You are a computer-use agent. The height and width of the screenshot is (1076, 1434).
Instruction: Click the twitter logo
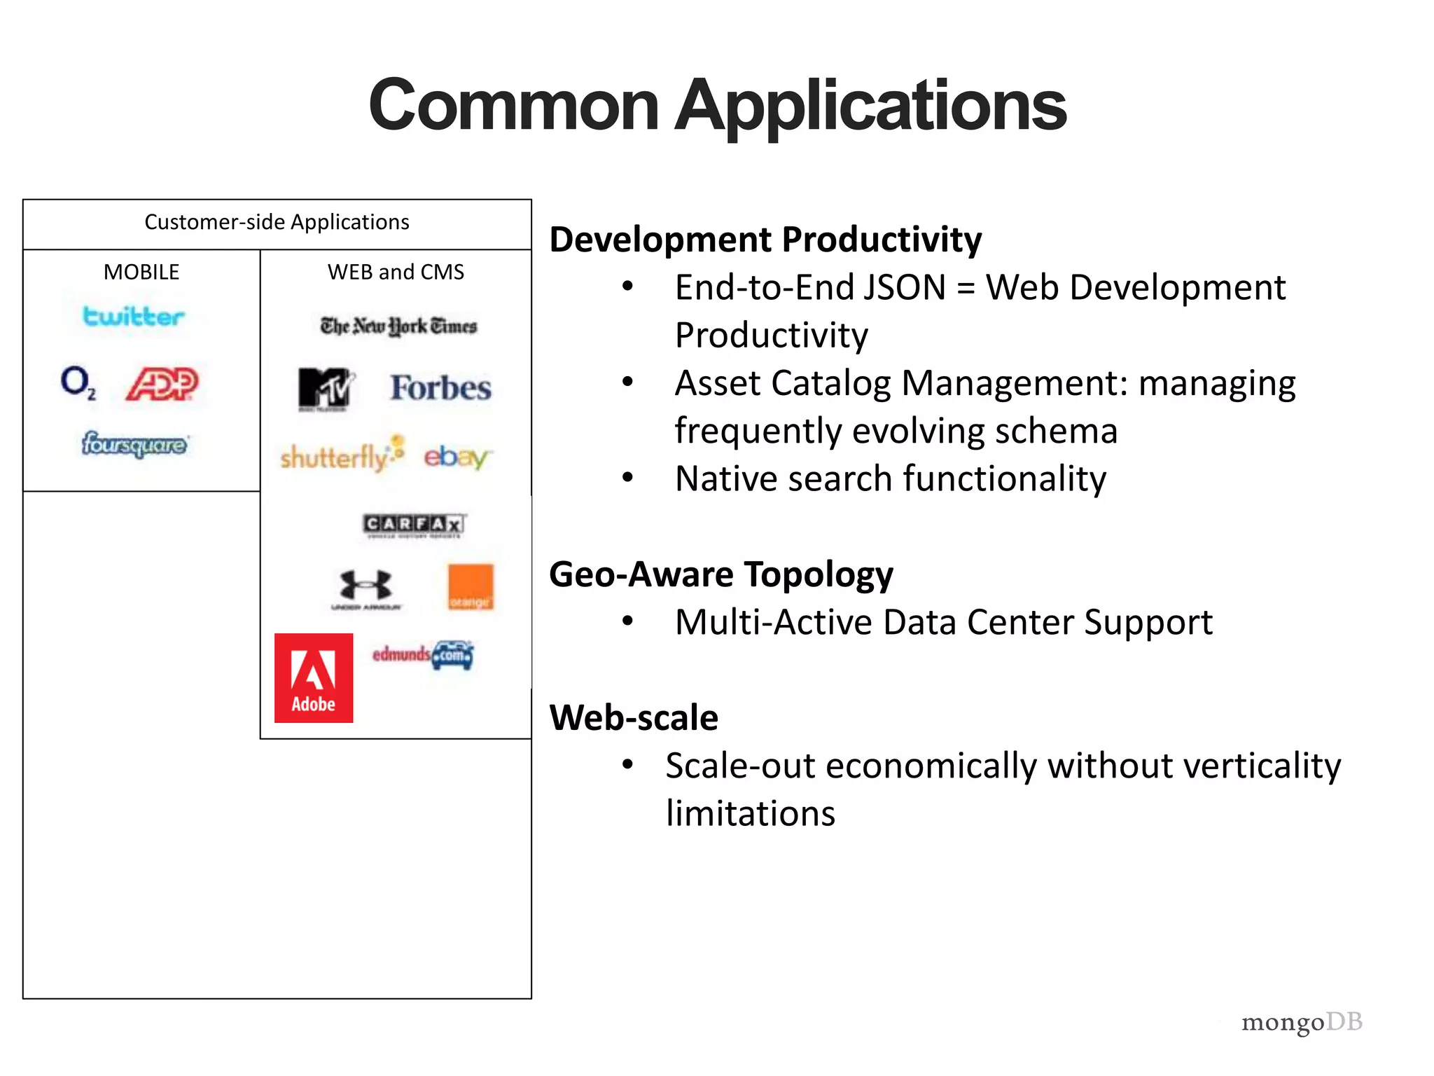(x=133, y=317)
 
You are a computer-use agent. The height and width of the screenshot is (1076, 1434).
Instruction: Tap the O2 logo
(x=78, y=382)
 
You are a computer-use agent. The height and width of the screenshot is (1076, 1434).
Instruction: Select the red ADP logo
(x=162, y=383)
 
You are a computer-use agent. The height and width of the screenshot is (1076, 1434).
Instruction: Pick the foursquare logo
(x=134, y=444)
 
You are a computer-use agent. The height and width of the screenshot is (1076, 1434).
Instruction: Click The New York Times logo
(x=398, y=326)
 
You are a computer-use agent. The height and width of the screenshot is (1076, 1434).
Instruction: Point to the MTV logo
(x=324, y=389)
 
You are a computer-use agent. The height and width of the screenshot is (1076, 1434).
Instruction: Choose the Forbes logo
(x=440, y=388)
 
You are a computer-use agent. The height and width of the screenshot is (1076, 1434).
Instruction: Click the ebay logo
(x=457, y=457)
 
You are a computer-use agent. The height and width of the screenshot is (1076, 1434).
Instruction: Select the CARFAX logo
(x=414, y=525)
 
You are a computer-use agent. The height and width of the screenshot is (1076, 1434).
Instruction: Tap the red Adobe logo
(x=314, y=677)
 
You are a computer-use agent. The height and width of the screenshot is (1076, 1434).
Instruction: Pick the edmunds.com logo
(x=423, y=655)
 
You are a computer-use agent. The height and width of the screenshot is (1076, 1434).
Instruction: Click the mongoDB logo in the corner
(x=1301, y=1022)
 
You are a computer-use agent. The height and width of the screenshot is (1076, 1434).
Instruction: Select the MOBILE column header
(x=141, y=272)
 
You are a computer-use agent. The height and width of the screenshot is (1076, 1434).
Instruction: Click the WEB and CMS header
(x=396, y=272)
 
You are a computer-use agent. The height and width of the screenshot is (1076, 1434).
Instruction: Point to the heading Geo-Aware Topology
(x=721, y=574)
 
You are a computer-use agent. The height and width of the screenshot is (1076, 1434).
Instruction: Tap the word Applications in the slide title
(x=870, y=105)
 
